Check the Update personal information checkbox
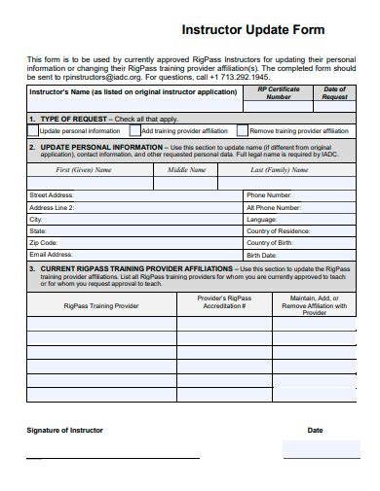[x=34, y=130]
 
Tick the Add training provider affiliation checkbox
[x=137, y=130]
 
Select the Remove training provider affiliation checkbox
[x=244, y=130]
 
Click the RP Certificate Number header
[x=279, y=92]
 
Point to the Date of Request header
[x=334, y=92]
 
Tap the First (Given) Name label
[x=84, y=169]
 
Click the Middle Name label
[x=187, y=169]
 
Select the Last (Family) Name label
[x=285, y=169]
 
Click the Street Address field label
[x=53, y=195]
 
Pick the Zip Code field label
[x=44, y=242]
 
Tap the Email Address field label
[x=52, y=254]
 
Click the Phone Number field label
[x=270, y=195]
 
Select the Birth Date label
[x=262, y=254]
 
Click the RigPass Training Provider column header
[x=101, y=304]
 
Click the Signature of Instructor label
[x=64, y=429]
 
